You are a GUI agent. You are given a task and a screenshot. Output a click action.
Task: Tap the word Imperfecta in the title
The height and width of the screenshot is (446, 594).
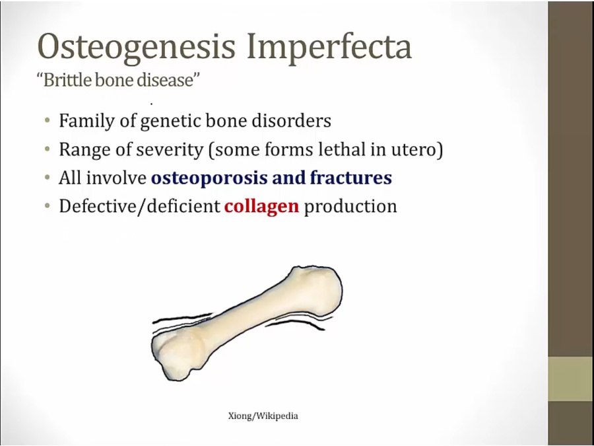(329, 46)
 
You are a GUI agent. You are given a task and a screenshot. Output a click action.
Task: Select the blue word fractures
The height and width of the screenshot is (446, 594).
(351, 178)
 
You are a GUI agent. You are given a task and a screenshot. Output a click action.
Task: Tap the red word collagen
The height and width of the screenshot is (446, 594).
(262, 207)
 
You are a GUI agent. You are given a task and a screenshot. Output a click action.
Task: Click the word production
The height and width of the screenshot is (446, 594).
(350, 207)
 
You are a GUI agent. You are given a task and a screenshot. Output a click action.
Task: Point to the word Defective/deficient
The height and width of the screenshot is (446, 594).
(139, 207)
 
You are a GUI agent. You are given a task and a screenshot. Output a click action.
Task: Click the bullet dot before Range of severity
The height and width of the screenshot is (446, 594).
(47, 149)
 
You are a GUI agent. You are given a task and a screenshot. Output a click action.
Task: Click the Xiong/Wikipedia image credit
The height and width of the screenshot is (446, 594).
(263, 416)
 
